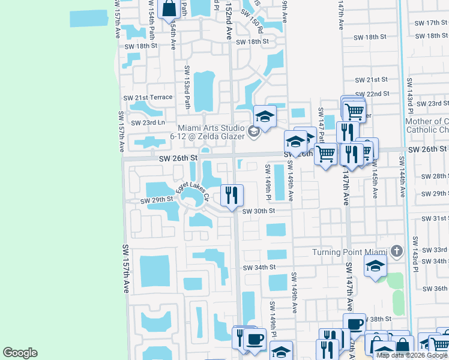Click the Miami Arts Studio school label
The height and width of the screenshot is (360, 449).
(x=213, y=131)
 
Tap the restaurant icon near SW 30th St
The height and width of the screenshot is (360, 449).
(x=232, y=194)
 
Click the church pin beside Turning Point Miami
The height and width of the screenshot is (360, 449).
(x=396, y=250)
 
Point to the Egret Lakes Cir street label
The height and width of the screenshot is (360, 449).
(x=192, y=191)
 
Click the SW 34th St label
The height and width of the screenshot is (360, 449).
(x=259, y=267)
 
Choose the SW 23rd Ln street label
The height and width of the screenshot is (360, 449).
(x=149, y=122)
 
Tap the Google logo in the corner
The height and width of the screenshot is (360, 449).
(x=20, y=353)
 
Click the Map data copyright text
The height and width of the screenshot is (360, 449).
(x=412, y=355)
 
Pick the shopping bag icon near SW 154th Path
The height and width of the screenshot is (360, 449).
(x=169, y=9)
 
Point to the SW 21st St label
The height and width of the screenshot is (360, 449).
(x=369, y=80)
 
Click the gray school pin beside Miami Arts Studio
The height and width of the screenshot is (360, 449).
(x=255, y=130)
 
